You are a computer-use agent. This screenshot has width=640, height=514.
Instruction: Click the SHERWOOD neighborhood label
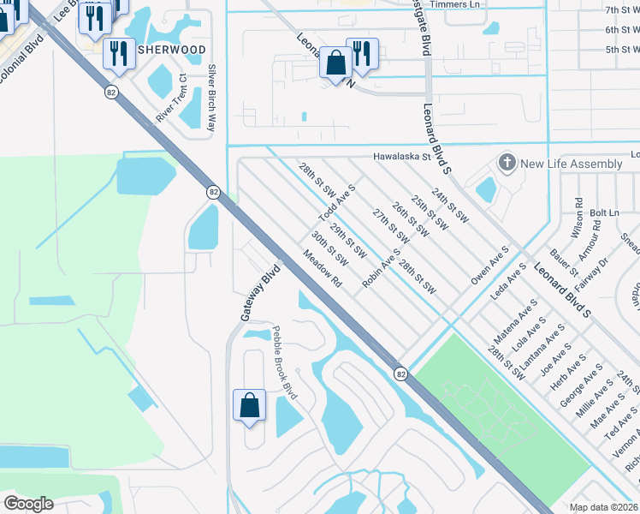click(172, 50)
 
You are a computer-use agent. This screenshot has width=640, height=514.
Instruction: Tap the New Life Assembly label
click(571, 164)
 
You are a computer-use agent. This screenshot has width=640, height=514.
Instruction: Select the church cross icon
click(507, 163)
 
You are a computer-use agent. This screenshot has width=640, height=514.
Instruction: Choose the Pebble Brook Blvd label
click(284, 362)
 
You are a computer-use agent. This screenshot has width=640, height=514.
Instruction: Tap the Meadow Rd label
click(323, 268)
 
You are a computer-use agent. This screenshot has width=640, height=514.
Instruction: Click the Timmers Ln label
click(455, 5)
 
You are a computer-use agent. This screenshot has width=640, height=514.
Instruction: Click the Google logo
click(28, 504)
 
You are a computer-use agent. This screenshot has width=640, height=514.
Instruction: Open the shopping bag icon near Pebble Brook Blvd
click(248, 403)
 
